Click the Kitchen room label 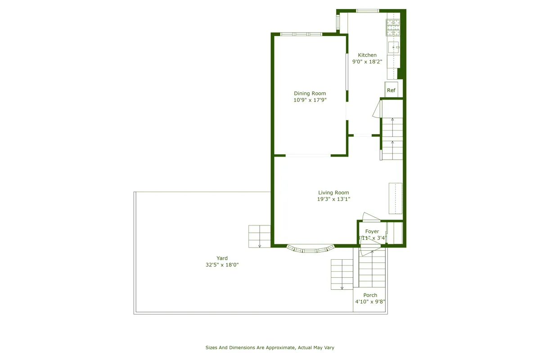pos(367,55)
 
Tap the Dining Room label pos(310,94)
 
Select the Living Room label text pos(333,193)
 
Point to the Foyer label pos(372,231)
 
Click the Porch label pos(370,295)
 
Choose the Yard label pos(222,258)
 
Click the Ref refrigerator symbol pos(391,90)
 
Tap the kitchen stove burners pos(393,27)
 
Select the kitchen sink pos(394,47)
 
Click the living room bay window pos(310,249)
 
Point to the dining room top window pos(301,34)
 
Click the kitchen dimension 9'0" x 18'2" pos(367,62)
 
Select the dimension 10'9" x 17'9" pos(310,100)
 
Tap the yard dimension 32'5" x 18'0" pos(222,265)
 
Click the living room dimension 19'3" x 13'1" pos(333,199)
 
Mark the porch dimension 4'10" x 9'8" pos(370,302)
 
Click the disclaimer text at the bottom pos(270,347)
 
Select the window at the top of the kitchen pos(368,11)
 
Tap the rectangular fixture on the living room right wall pos(396,198)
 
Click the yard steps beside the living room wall pos(259,236)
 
